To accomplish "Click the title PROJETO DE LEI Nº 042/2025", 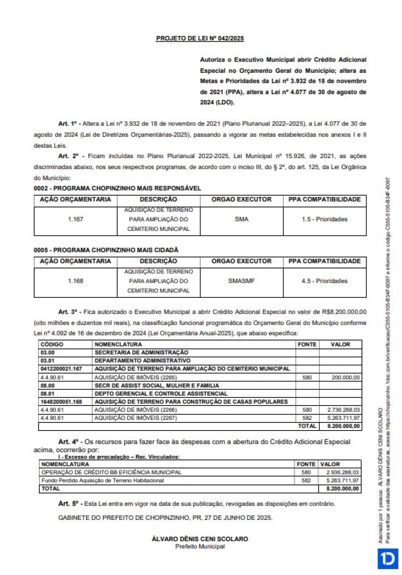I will pos(200,38).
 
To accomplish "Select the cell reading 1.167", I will pos(75,219).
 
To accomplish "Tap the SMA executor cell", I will pos(241,219).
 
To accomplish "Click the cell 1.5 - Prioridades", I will pos(324,219).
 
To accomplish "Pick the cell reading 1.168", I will pos(75,281).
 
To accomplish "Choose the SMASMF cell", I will pos(241,281).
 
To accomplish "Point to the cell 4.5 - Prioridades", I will pos(324,281).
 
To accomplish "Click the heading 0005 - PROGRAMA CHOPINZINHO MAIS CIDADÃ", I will pos(106,250).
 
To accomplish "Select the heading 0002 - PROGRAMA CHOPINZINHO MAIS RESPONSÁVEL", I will pos(117,188).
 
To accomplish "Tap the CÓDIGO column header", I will pos(52,344).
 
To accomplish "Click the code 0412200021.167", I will pos(61,369).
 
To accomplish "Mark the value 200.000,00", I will pos(345,377).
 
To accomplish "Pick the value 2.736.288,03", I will pos(343,410).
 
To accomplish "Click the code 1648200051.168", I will pos(61,402).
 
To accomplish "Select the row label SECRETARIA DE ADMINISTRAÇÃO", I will pos(141,352).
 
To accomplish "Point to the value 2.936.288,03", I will pos(343,472).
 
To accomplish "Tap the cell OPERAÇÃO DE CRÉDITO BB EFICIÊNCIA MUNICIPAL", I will pos(111,472).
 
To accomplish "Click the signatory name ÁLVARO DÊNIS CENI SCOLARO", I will pos(200,539).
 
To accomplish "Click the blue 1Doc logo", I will pos(388,559).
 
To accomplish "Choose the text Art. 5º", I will pos(70,504).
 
